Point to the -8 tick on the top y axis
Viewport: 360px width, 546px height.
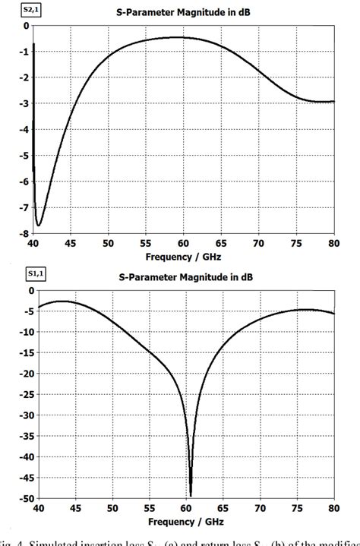click(x=25, y=233)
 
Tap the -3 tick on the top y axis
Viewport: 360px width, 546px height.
click(x=25, y=103)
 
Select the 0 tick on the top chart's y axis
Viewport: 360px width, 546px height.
click(x=26, y=26)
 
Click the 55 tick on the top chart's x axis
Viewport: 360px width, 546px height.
click(x=145, y=243)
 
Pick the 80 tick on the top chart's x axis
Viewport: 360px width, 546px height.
click(x=333, y=243)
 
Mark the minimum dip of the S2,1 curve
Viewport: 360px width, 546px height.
click(x=39, y=225)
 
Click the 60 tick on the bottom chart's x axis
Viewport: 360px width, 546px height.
click(x=183, y=509)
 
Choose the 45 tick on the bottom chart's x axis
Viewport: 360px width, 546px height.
click(x=70, y=509)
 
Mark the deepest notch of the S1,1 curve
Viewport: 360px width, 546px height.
click(x=190, y=495)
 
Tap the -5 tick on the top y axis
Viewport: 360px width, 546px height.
click(x=25, y=155)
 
